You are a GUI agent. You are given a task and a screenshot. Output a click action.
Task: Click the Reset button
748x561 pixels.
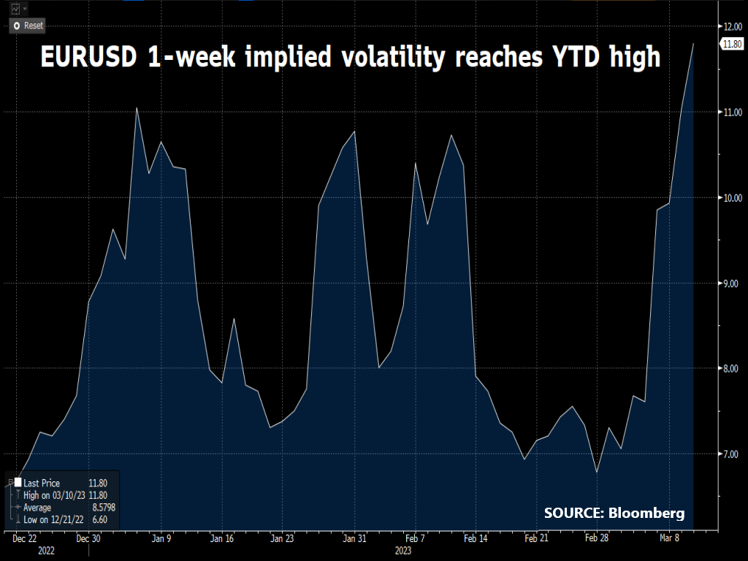click(27, 26)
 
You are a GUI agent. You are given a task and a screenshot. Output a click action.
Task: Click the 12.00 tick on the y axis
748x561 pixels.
click(732, 26)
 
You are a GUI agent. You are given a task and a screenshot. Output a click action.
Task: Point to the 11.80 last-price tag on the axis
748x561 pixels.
click(732, 45)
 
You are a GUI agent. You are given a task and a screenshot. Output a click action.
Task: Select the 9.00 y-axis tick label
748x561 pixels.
click(732, 283)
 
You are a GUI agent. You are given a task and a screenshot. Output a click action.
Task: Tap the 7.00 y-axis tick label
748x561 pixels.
click(732, 454)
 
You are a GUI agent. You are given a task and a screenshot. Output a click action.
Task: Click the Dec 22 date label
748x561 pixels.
click(26, 539)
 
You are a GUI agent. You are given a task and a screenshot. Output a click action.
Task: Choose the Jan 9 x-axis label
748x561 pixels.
click(161, 539)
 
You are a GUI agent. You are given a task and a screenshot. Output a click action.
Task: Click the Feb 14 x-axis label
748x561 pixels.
click(475, 539)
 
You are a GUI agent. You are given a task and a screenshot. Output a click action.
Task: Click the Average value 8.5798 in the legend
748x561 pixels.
click(102, 508)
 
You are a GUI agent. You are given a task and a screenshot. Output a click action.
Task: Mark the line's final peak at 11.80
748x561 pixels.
click(693, 44)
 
